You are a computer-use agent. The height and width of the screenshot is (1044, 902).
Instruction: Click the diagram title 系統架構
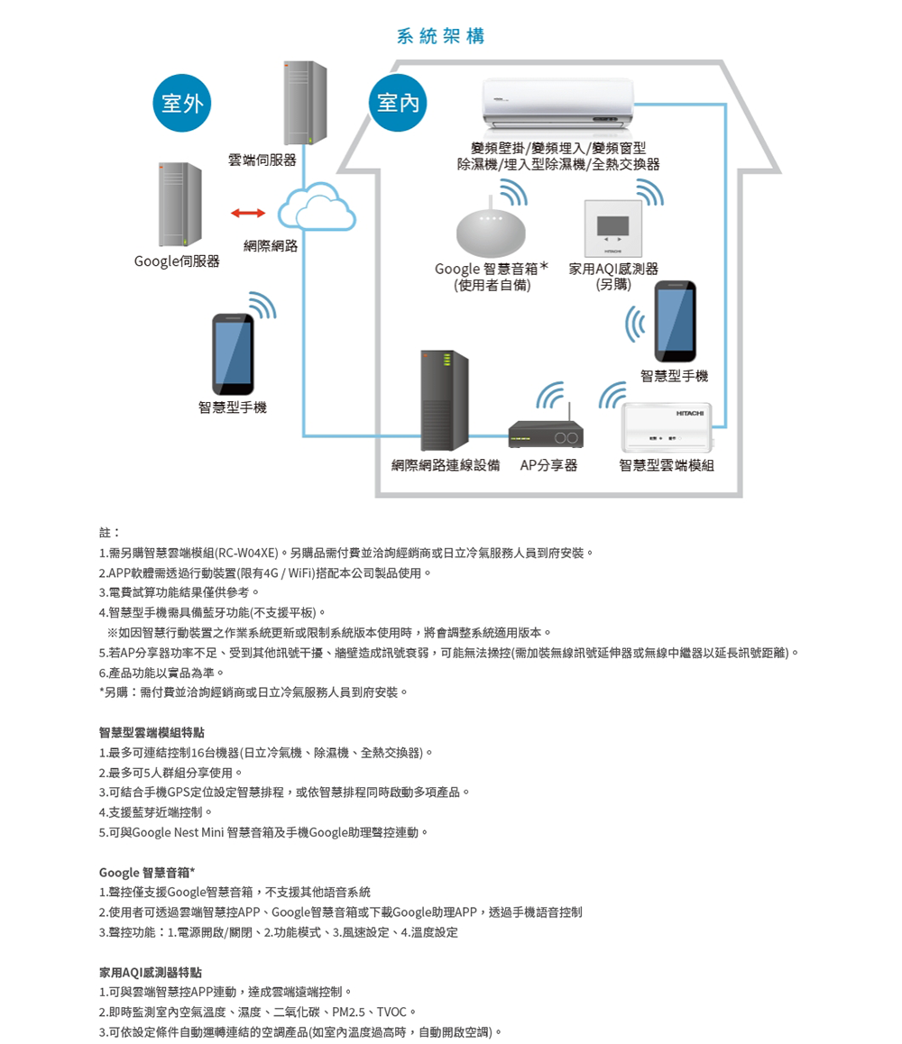pos(440,36)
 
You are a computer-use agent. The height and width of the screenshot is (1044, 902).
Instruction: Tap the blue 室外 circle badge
pos(182,103)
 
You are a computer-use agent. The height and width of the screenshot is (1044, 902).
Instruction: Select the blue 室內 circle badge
pos(398,103)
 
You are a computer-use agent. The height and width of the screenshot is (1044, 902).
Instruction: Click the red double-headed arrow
pos(248,213)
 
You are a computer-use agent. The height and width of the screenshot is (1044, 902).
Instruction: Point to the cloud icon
pos(317,207)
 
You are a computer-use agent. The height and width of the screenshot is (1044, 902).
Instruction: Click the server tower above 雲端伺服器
pos(305,103)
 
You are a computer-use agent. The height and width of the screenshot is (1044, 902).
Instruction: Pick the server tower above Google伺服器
pos(179,205)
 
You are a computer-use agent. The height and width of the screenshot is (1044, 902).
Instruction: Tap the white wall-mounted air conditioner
pos(557,103)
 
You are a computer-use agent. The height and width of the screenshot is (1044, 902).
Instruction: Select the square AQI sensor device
pos(612,228)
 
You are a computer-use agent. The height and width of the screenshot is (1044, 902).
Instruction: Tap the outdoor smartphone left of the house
pos(233,354)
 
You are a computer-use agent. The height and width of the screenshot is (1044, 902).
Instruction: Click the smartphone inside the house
pos(675,321)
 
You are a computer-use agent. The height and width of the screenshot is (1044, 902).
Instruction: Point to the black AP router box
pos(546,435)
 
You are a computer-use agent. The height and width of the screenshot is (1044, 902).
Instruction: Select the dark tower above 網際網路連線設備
pos(445,400)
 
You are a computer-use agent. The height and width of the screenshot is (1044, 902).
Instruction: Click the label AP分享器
pos(548,465)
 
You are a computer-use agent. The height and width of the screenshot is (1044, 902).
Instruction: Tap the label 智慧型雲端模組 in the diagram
pos(667,465)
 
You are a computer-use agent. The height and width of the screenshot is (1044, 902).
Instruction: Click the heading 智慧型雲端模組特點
pos(152,732)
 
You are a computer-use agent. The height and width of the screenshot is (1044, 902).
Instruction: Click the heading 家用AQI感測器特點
pos(151,973)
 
